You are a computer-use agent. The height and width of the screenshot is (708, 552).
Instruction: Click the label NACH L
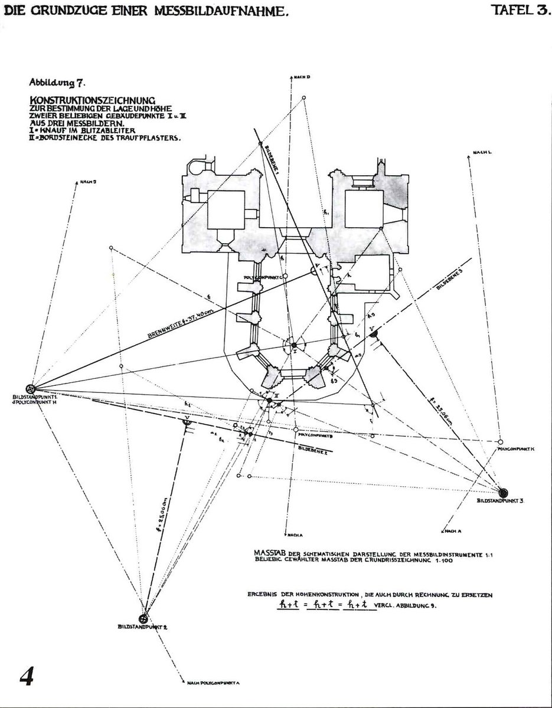coord(482,152)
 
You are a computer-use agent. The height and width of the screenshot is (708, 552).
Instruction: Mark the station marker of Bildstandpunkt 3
coord(504,492)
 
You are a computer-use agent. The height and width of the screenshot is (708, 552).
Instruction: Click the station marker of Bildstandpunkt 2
coord(142,618)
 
